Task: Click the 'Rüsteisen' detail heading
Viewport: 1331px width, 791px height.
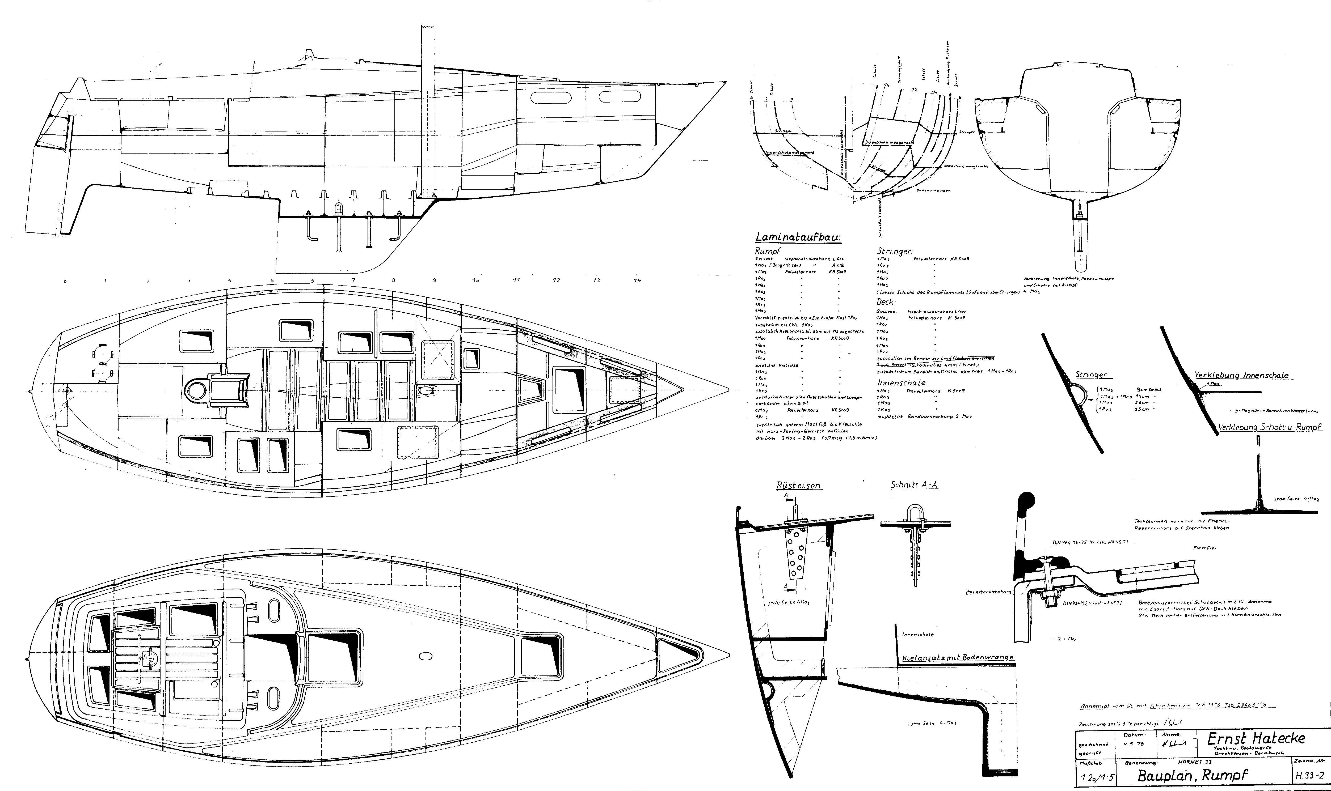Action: (x=798, y=486)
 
